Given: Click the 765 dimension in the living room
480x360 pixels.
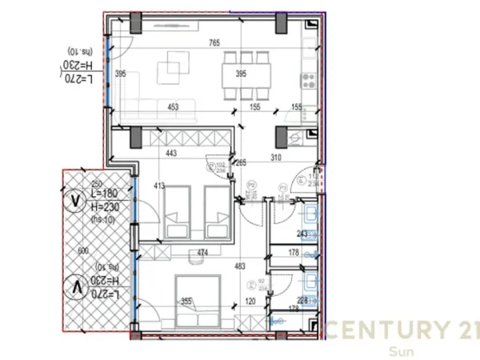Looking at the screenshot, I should tap(214, 42).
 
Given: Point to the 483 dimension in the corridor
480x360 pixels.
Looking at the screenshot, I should tap(239, 266).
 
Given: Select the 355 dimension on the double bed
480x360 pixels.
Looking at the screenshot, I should tap(186, 302).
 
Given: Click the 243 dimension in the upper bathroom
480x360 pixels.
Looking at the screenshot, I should tap(302, 234).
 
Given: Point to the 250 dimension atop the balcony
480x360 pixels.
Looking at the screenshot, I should tap(97, 184).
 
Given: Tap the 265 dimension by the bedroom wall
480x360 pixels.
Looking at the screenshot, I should tap(240, 163).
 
